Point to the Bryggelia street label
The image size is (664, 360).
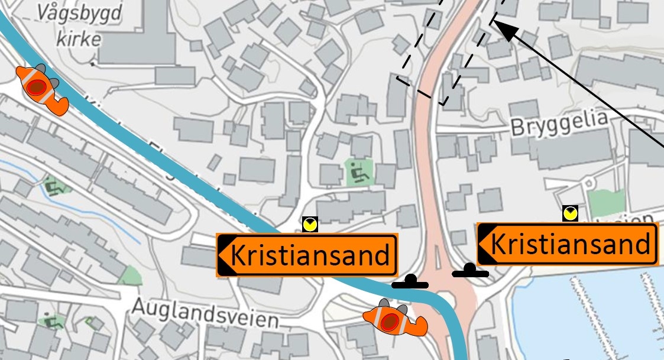click(x=559, y=124)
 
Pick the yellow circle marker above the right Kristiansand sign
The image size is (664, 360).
click(x=570, y=213)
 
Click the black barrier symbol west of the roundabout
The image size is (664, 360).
click(x=409, y=283)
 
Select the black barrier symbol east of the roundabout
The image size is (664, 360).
click(x=471, y=271)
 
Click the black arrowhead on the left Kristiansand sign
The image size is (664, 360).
click(x=225, y=255)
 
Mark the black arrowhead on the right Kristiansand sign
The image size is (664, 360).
click(x=485, y=244)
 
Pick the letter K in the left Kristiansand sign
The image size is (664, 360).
click(x=238, y=255)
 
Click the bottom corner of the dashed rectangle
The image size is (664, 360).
click(x=442, y=104)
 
